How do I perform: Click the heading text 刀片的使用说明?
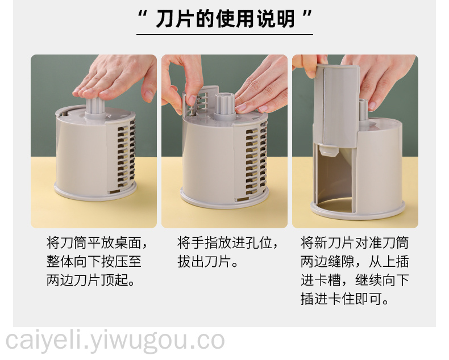pyautogui.click(x=225, y=19)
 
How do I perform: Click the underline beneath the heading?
pyautogui.click(x=224, y=35)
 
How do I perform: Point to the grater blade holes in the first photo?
pyautogui.click(x=126, y=156)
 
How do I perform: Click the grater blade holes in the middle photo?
pyautogui.click(x=255, y=160)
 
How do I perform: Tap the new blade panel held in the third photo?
pyautogui.click(x=336, y=106)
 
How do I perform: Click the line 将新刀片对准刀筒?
pyautogui.click(x=355, y=243)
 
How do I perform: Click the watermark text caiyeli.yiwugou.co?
pyautogui.click(x=115, y=341)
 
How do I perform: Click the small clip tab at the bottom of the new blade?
pyautogui.click(x=328, y=151)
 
